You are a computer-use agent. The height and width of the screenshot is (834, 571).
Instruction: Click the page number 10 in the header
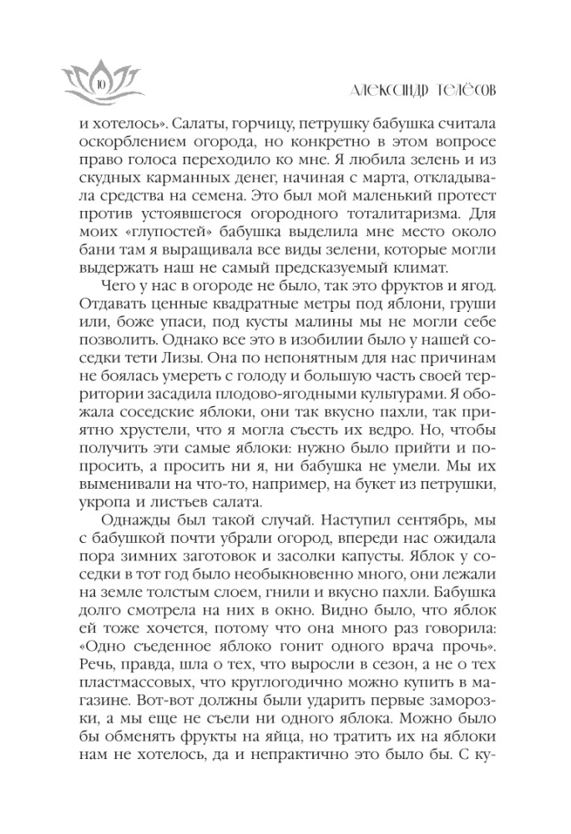click(99, 83)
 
